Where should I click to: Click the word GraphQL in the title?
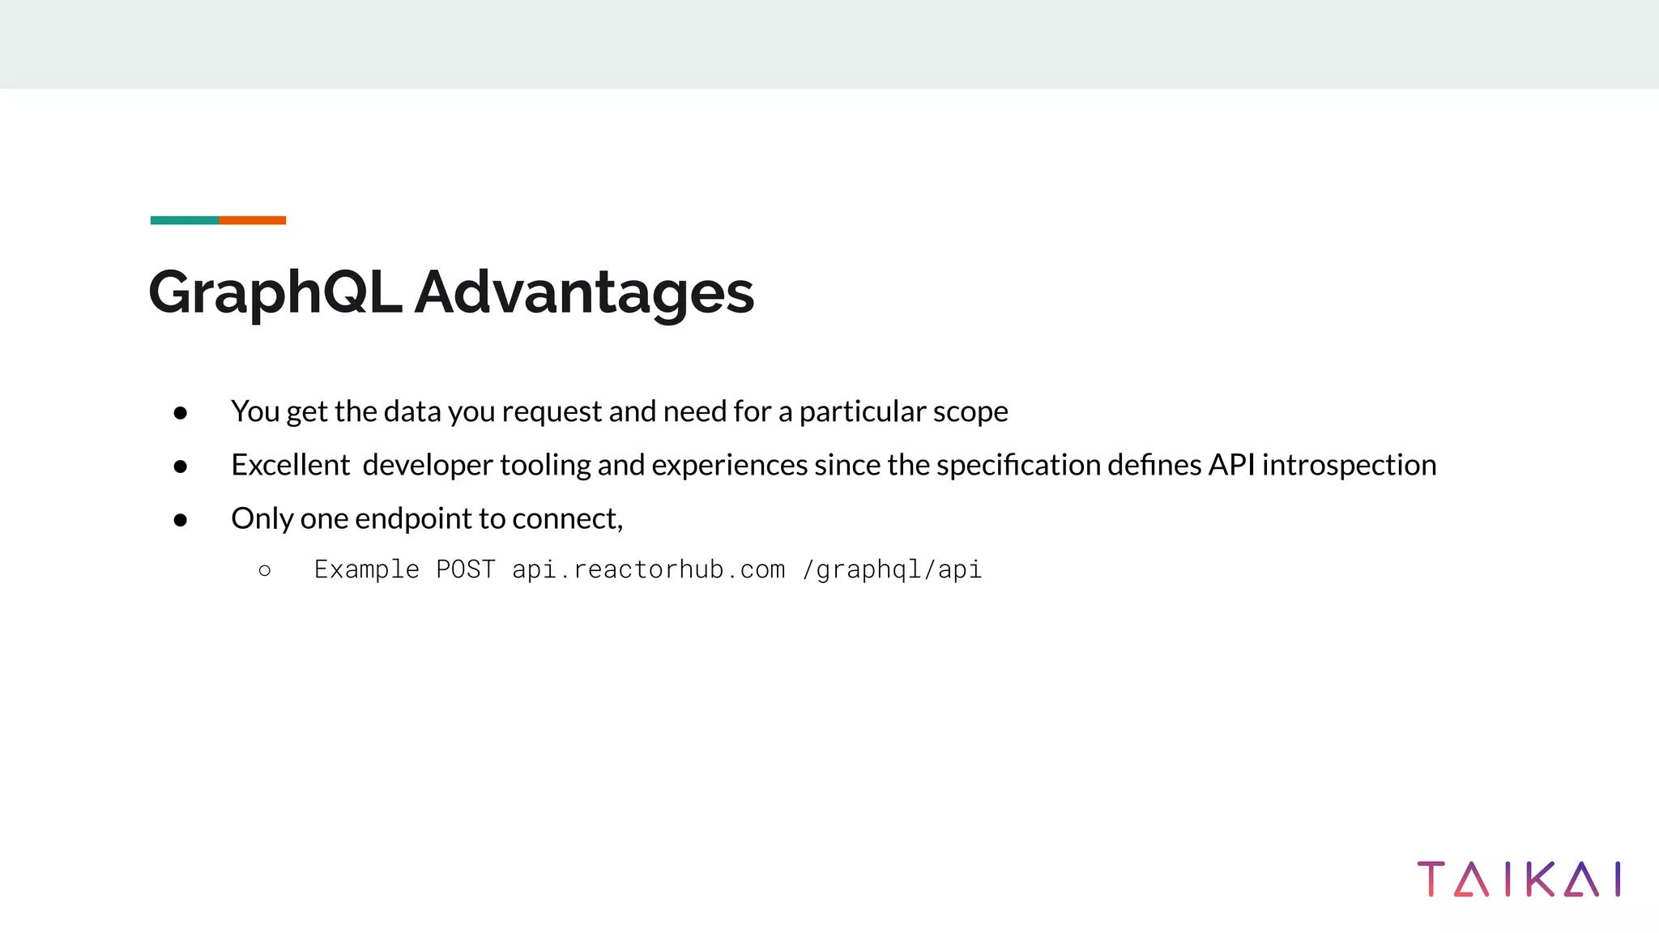(x=275, y=293)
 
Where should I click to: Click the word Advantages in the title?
(x=584, y=293)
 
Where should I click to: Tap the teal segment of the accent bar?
(x=184, y=220)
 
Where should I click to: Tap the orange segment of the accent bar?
(x=252, y=220)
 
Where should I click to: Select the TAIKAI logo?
(x=1519, y=880)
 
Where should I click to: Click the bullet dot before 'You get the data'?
(x=181, y=413)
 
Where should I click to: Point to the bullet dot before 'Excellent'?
(x=181, y=466)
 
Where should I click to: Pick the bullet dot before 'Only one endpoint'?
(x=181, y=520)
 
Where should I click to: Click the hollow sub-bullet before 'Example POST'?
(x=265, y=571)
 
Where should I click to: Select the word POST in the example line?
(x=466, y=569)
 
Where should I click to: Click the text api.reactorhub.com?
(x=648, y=569)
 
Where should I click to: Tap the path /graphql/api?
(x=892, y=570)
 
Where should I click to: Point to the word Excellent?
(x=290, y=465)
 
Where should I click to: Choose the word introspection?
(x=1349, y=466)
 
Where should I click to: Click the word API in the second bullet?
(x=1231, y=465)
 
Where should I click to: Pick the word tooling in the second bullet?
(x=545, y=466)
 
